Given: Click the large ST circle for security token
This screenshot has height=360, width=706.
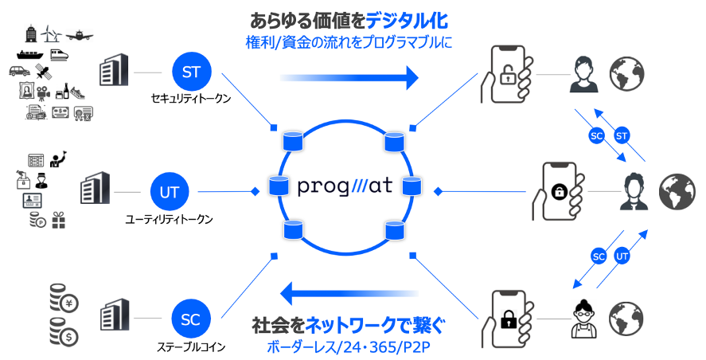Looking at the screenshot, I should [191, 72].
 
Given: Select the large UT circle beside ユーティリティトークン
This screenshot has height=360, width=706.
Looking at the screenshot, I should [169, 192].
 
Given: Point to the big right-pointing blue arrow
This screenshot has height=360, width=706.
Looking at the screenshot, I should [349, 78].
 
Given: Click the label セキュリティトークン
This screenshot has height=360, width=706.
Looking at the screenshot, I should [191, 99].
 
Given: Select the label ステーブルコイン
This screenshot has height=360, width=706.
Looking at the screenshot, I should [191, 346].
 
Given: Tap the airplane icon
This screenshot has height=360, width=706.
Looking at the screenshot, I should [82, 35].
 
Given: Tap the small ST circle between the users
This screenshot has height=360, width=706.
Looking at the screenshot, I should [622, 136].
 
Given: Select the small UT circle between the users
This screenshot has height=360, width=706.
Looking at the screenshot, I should [623, 256].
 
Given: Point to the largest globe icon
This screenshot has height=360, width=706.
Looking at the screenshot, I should [677, 192].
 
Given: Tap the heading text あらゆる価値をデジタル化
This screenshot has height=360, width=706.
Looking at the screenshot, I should [349, 20].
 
